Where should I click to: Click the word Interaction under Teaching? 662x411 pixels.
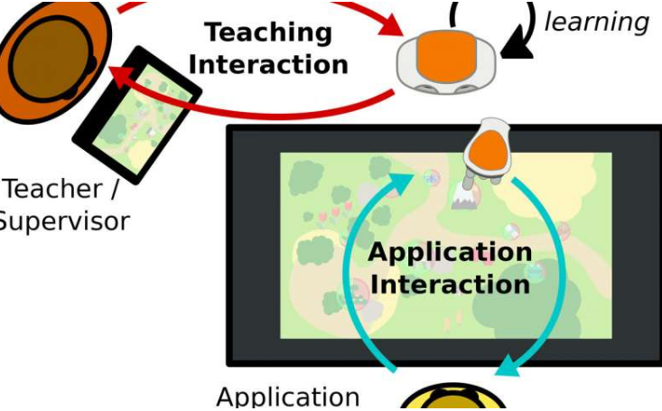[x=269, y=64]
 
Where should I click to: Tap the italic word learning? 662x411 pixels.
[x=598, y=22]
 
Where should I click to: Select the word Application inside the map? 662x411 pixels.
[x=450, y=252]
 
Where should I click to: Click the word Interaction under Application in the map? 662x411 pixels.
[x=450, y=284]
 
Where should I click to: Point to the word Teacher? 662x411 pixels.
[x=55, y=190]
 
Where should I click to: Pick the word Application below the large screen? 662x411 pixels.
[x=288, y=397]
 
